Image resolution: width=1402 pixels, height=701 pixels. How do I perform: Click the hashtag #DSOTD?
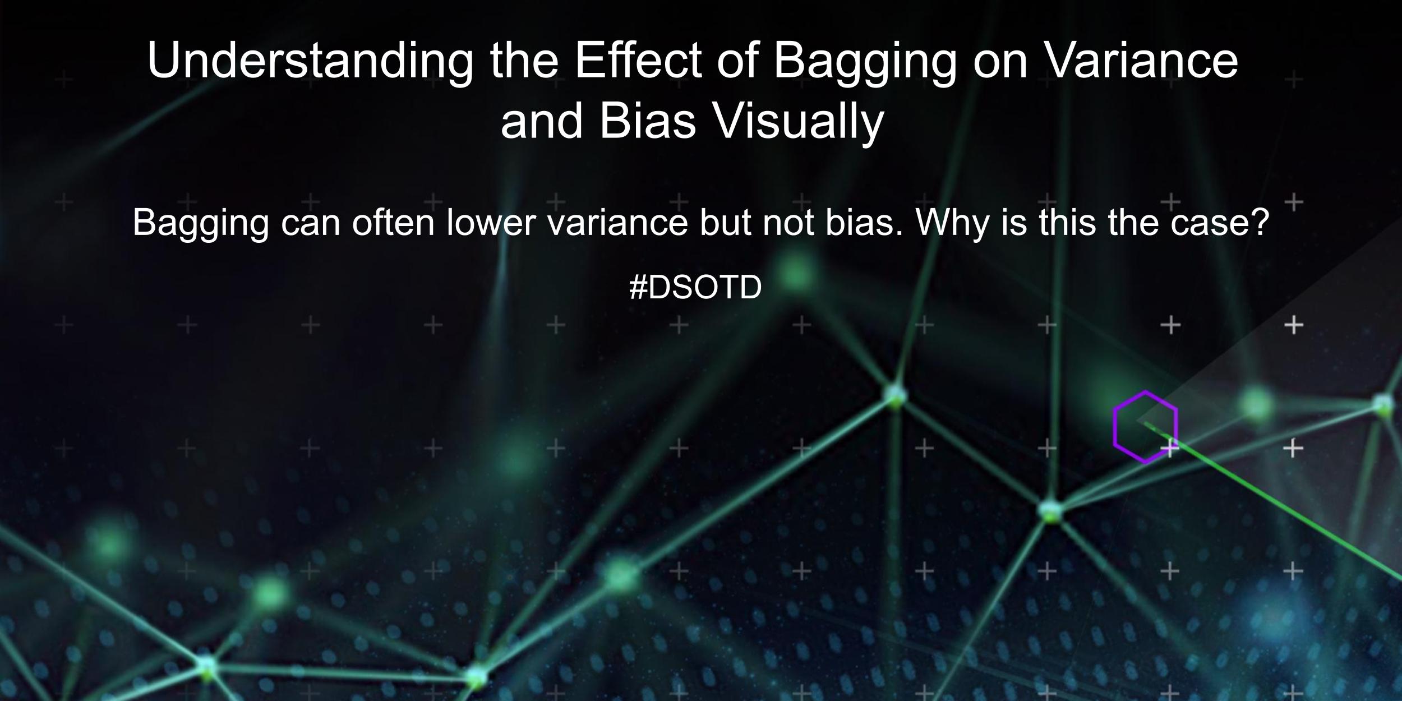tap(695, 288)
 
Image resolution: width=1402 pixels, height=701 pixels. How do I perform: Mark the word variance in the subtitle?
tap(617, 223)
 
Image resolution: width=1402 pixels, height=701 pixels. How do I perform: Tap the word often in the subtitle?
tap(393, 223)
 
